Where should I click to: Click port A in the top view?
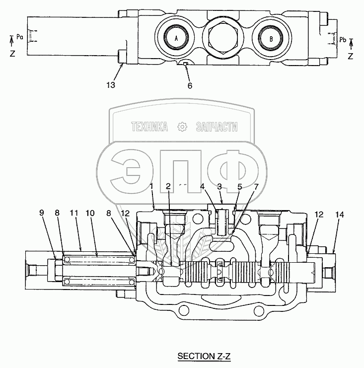tap(176, 38)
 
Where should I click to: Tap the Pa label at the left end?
tap(20, 37)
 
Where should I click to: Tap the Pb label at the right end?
tap(343, 39)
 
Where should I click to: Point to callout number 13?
tap(111, 85)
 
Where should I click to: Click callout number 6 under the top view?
tap(190, 85)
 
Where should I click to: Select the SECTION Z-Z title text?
tap(204, 356)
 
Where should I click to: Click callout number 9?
tap(41, 213)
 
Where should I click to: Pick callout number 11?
tap(73, 213)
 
